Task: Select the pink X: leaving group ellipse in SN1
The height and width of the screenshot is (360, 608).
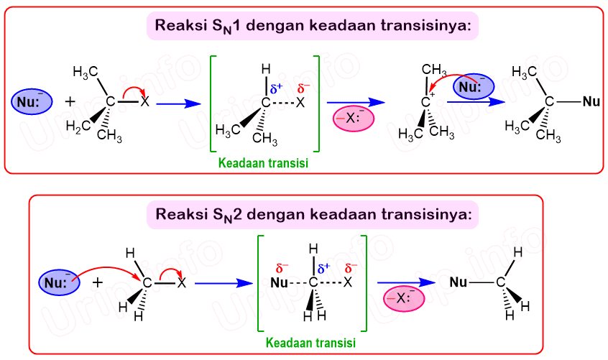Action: point(354,119)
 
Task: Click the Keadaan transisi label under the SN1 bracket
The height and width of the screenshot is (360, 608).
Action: point(264,164)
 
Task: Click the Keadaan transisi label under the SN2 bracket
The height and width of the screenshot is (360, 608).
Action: point(310,343)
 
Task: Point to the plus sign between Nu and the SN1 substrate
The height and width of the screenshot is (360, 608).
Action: point(70,102)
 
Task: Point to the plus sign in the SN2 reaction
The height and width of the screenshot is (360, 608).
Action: point(98,282)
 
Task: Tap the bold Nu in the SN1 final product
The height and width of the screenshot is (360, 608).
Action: point(591,102)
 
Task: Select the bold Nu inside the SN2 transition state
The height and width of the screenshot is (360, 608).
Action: point(280,283)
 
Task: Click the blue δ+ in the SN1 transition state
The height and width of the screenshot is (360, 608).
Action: point(277,89)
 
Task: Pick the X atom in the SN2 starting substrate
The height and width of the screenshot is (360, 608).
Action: point(181,283)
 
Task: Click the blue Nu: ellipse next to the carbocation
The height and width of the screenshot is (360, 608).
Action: point(473,88)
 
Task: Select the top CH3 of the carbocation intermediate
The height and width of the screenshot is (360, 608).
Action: point(430,70)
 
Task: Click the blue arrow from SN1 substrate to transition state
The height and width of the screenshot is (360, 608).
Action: point(177,103)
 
